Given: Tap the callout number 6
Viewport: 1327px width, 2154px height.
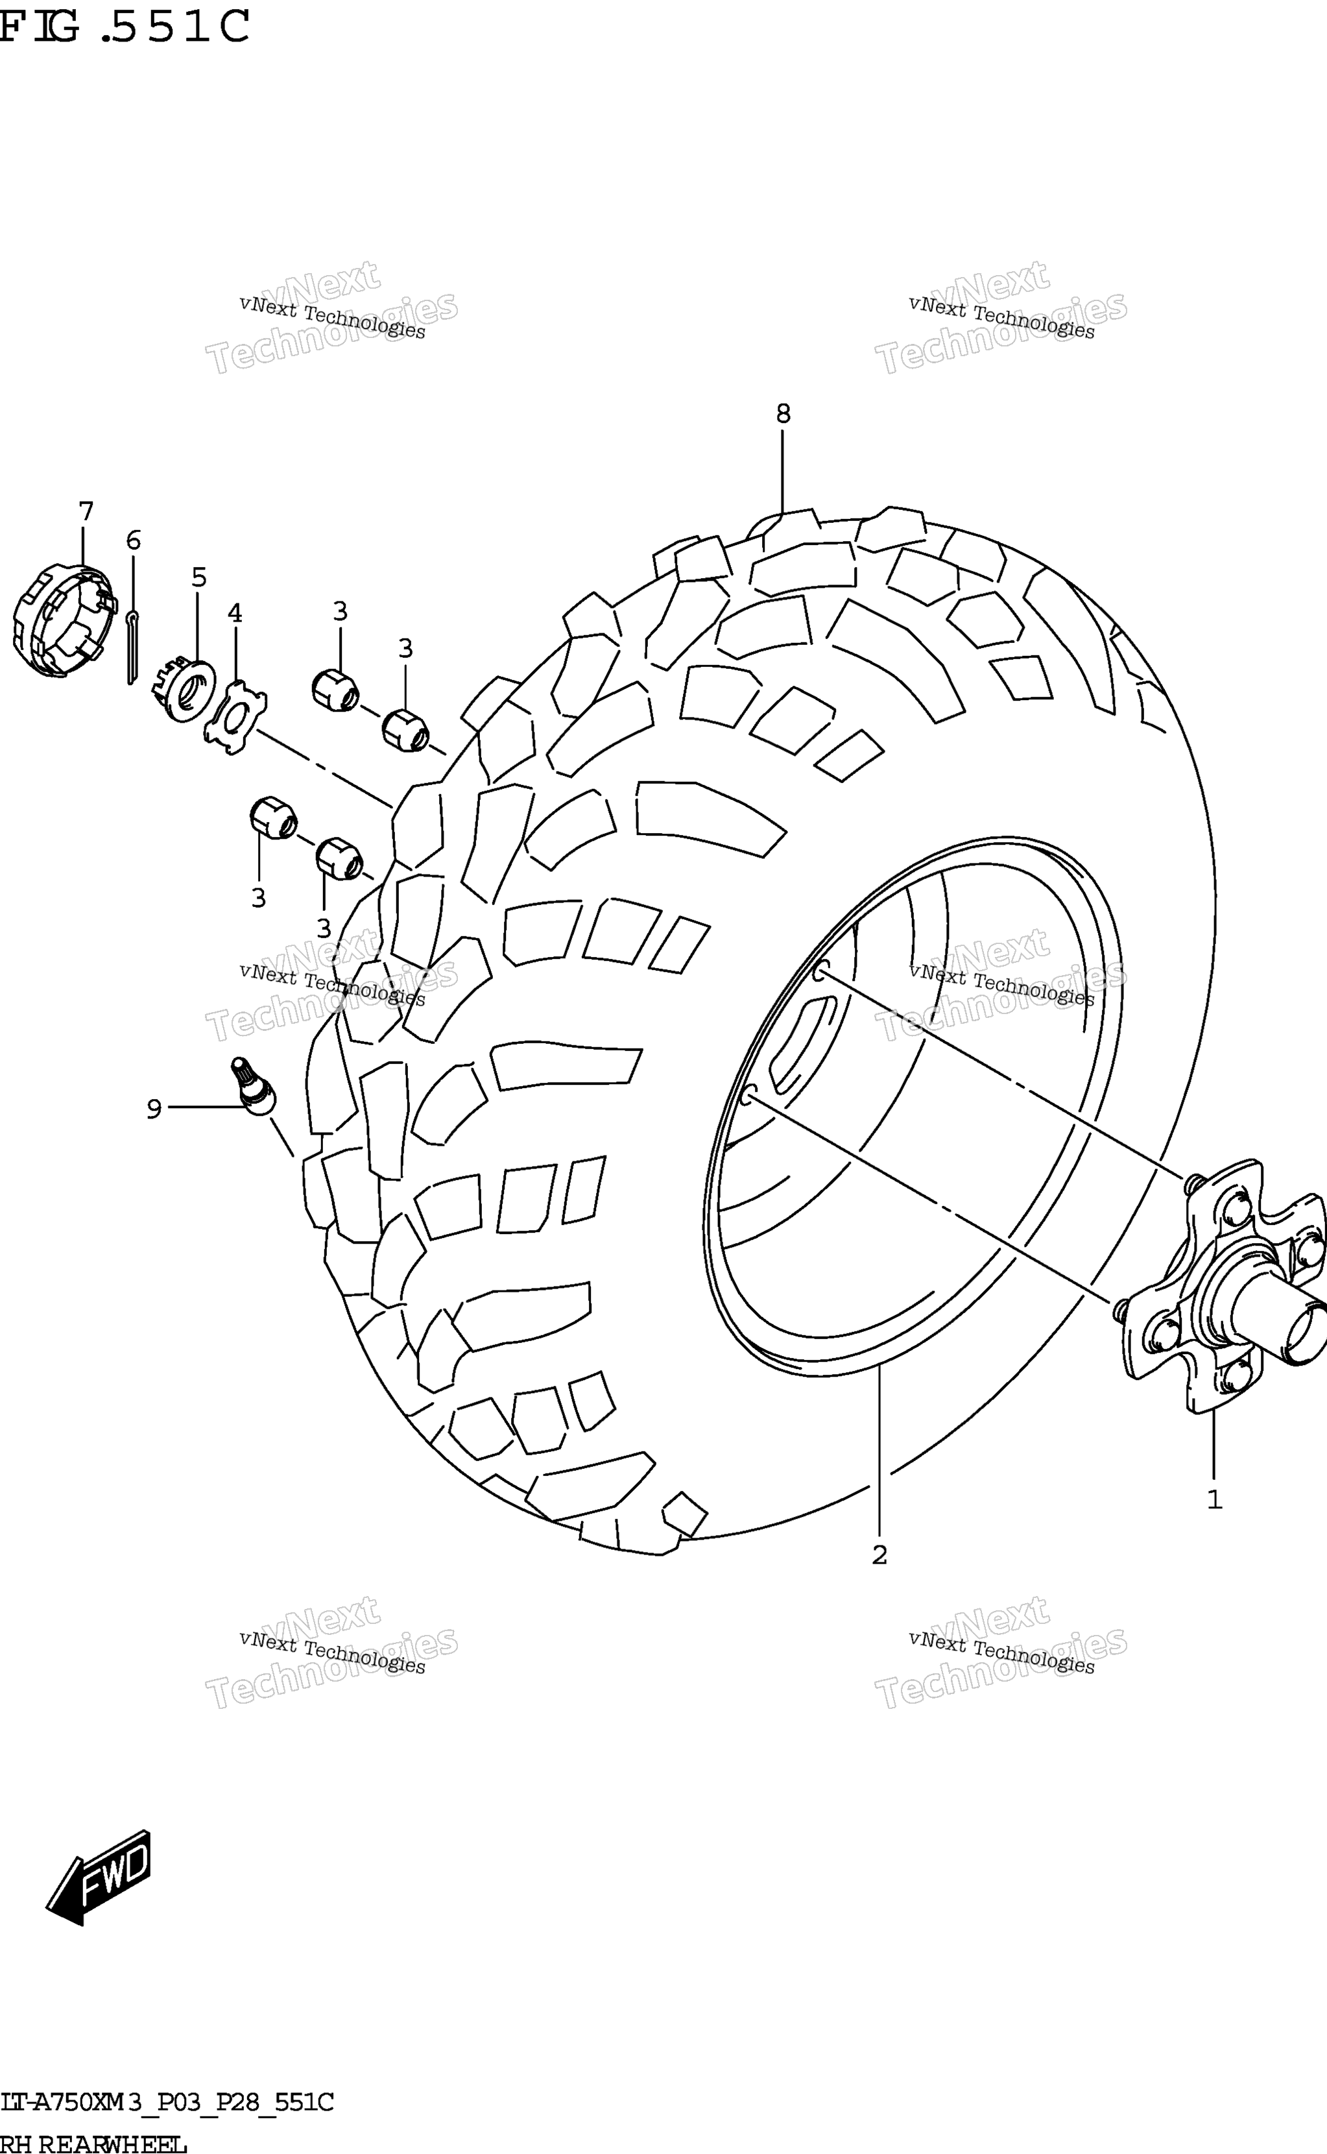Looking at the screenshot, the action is [x=134, y=540].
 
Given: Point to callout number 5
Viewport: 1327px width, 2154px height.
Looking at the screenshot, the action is [x=199, y=577].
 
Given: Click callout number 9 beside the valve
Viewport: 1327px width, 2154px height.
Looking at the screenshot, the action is [x=154, y=1109].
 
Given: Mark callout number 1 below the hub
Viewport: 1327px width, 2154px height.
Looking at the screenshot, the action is [x=1215, y=1500].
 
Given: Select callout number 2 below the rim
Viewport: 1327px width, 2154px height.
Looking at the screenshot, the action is [x=879, y=1555].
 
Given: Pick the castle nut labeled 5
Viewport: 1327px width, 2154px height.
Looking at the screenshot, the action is [x=185, y=689].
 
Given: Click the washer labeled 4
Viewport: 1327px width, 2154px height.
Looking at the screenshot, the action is [x=235, y=717].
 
